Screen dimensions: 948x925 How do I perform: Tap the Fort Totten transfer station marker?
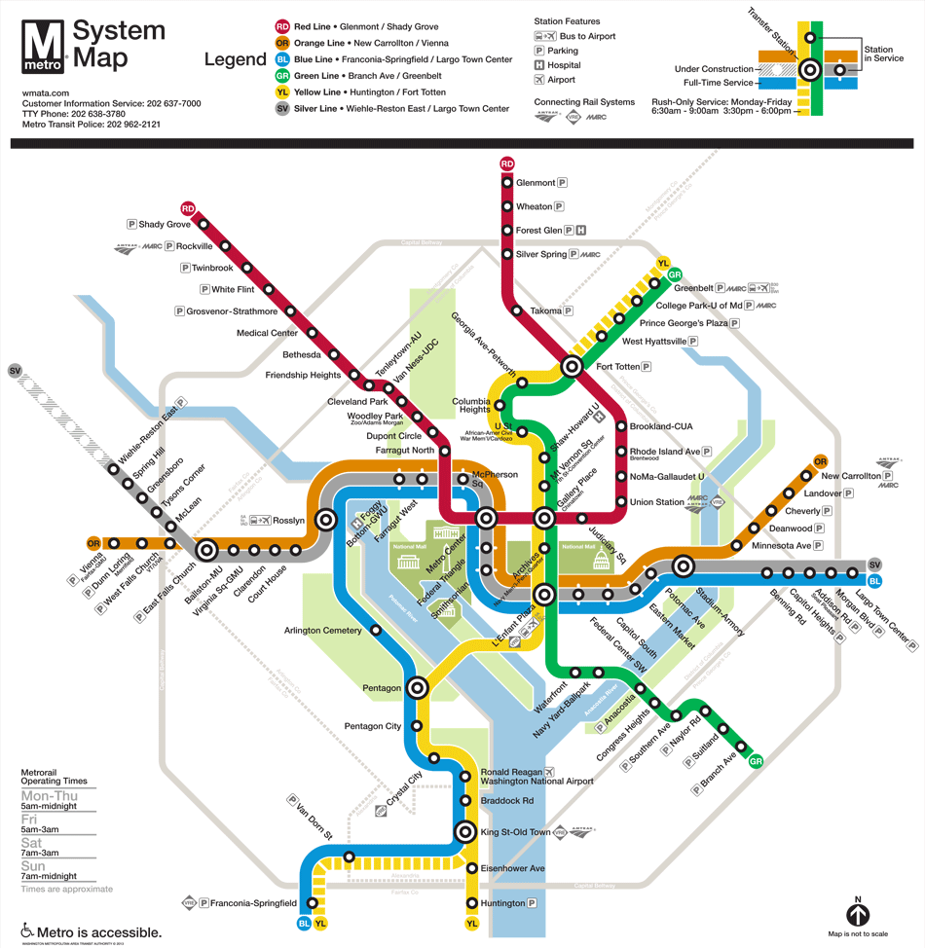point(572,367)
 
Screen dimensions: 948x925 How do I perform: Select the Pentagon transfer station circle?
point(418,687)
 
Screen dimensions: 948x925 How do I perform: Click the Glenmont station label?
point(536,183)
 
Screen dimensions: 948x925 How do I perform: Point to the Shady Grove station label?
point(165,225)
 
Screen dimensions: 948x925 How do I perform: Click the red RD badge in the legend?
point(281,27)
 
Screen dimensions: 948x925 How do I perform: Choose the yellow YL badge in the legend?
point(281,92)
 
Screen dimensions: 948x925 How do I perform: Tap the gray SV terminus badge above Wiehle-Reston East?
point(15,371)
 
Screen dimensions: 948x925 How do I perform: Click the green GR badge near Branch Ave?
point(756,761)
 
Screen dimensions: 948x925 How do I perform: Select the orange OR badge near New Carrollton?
point(820,461)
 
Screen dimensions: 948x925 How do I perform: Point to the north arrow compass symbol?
point(858,915)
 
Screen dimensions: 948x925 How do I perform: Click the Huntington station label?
point(502,903)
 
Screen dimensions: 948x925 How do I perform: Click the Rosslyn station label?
point(289,521)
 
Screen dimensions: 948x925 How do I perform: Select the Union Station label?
point(657,502)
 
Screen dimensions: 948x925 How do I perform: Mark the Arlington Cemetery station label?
point(322,630)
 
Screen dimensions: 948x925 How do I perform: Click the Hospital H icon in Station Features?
point(539,65)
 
